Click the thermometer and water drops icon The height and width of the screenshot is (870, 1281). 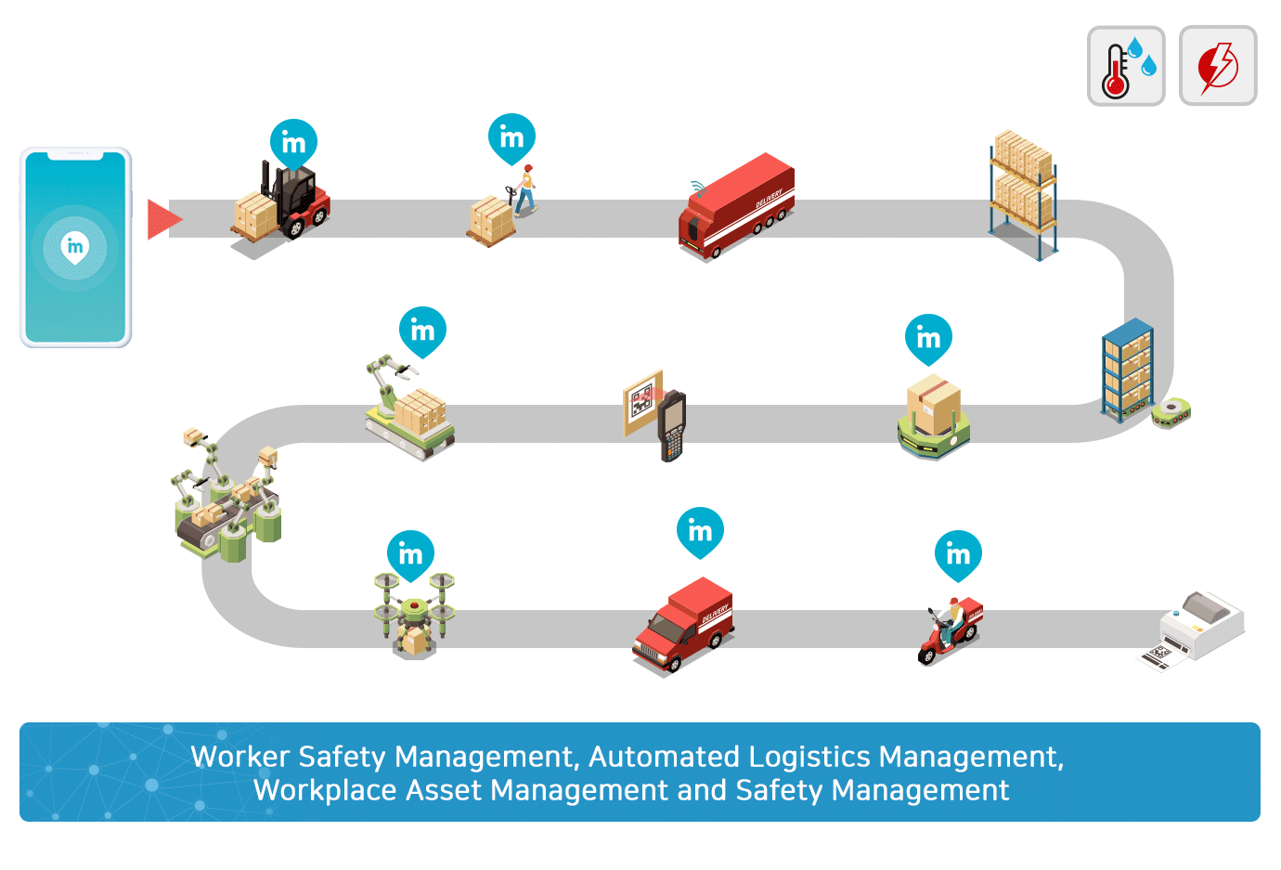coord(1125,66)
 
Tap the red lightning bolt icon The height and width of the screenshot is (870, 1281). coord(1218,66)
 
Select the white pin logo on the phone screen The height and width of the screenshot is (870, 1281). coord(75,248)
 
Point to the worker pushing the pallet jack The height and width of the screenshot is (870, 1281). coord(525,190)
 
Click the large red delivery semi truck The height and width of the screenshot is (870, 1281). coord(736,206)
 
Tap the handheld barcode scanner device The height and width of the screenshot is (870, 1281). coord(671,426)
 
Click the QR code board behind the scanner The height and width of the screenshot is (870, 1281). coord(642,402)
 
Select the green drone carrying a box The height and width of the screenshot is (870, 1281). coord(415,616)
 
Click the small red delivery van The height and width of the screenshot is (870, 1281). coord(683,624)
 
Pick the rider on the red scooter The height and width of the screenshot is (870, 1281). coord(951,630)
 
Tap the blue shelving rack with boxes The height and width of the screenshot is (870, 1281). coord(1127,370)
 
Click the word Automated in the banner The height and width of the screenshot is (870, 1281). coord(664,757)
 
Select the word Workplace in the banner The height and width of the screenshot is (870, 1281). coord(325,791)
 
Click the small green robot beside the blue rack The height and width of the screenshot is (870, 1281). coord(1171,413)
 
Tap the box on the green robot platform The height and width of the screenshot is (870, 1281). coord(933,404)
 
